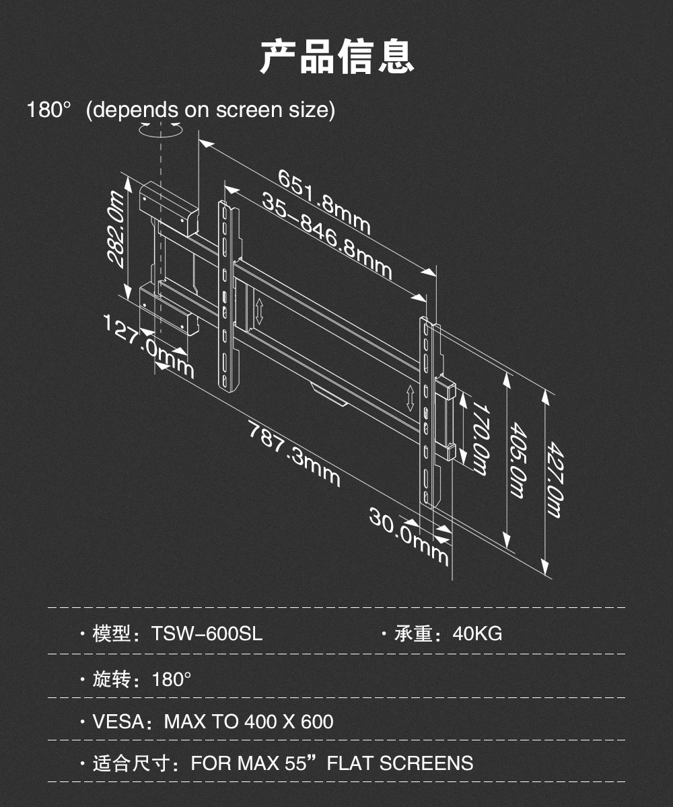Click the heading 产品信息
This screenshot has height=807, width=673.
pyautogui.click(x=336, y=57)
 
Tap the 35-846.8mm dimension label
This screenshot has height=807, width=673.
pyautogui.click(x=326, y=237)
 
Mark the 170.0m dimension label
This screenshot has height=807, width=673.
pyautogui.click(x=479, y=438)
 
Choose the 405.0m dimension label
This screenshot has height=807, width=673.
pyautogui.click(x=516, y=461)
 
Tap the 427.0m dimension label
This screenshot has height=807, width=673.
pyautogui.click(x=553, y=479)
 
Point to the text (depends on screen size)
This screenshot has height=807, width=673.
pyautogui.click(x=211, y=110)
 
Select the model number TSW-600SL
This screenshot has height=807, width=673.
pyautogui.click(x=207, y=633)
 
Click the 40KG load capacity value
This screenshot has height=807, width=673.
pyautogui.click(x=477, y=633)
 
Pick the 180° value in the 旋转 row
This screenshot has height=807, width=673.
pyautogui.click(x=172, y=679)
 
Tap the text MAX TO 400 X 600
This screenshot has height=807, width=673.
pyautogui.click(x=249, y=722)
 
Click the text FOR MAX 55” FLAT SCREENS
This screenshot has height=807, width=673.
pyautogui.click(x=332, y=763)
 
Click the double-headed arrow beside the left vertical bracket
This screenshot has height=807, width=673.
pyautogui.click(x=259, y=311)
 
